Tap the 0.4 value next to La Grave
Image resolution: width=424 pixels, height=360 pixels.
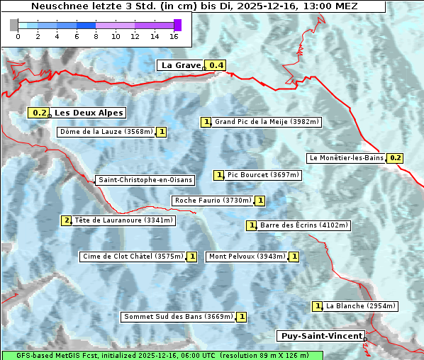coord(216,66)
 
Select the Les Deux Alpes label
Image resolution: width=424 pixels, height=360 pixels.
coord(89,113)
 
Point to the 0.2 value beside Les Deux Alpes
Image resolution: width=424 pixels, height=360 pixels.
coord(40,113)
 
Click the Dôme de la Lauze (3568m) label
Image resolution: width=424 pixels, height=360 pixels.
coord(106,132)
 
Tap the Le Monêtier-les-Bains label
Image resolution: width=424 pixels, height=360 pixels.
coord(346,158)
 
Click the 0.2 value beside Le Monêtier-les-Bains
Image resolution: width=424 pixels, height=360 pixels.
coord(396,158)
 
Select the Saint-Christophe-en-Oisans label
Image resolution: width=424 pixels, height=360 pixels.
coord(145,180)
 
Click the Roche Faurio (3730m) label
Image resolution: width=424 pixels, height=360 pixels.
coord(213,201)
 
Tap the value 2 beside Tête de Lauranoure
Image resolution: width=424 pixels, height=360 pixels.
coord(67,220)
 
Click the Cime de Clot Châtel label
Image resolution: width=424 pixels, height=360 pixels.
coord(133,257)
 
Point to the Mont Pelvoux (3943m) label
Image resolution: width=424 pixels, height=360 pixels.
coord(247,257)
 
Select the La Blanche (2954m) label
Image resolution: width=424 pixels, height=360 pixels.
coord(360,306)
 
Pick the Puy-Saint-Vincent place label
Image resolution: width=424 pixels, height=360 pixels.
coord(322,336)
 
